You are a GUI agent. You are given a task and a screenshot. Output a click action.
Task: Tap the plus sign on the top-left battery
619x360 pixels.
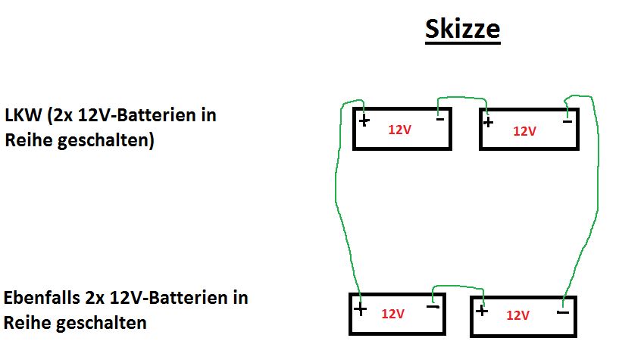coord(364,121)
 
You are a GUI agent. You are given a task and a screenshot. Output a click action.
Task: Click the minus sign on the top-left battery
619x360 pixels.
coord(440,119)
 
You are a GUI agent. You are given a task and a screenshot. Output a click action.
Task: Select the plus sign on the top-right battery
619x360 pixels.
coord(488,122)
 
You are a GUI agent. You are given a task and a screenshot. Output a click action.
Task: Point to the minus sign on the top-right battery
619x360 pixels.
coord(567,121)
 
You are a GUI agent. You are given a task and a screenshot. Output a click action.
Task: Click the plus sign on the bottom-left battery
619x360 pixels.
coord(360,308)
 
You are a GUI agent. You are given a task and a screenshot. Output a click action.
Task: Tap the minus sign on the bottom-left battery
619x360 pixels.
coord(433,307)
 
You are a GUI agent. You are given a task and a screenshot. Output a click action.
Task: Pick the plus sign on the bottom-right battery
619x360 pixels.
coord(482,311)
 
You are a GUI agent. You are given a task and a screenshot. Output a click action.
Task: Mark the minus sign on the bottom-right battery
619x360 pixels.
coord(562,312)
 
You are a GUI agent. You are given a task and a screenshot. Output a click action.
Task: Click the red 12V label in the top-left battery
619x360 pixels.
coord(399,130)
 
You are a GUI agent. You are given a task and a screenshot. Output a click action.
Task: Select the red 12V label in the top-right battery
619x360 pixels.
coord(524,131)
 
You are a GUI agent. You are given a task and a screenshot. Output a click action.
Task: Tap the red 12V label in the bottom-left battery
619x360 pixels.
coord(392,314)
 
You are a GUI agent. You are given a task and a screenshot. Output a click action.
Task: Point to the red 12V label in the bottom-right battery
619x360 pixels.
coord(517,315)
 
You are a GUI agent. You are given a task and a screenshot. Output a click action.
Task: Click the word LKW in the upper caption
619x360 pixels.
coord(23,115)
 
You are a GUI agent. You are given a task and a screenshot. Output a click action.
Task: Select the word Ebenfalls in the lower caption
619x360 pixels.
coord(42,298)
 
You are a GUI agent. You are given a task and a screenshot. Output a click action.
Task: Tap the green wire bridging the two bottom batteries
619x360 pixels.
coord(458,286)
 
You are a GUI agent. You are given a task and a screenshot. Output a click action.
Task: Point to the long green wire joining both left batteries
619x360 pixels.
coord(336,197)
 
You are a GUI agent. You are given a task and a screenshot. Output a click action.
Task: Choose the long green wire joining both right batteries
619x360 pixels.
coord(598,197)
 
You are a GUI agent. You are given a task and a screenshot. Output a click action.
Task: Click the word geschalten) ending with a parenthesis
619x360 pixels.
coord(106,141)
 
